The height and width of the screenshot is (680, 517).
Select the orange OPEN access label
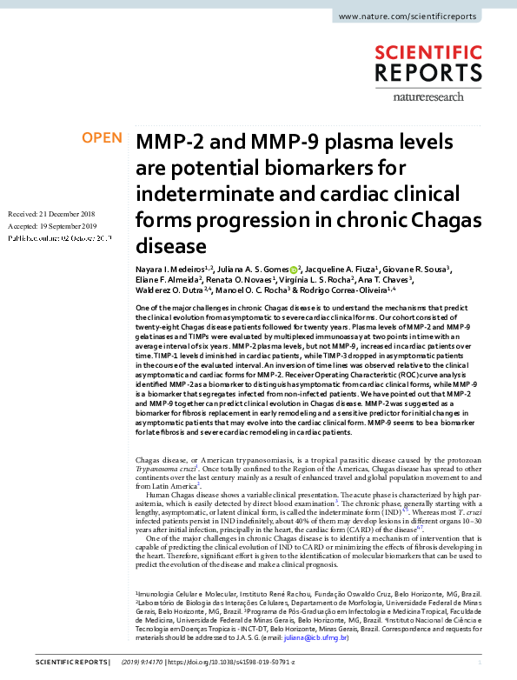point(102,138)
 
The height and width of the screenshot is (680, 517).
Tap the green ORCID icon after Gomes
point(294,270)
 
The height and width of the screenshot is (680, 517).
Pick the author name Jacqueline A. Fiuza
point(341,270)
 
